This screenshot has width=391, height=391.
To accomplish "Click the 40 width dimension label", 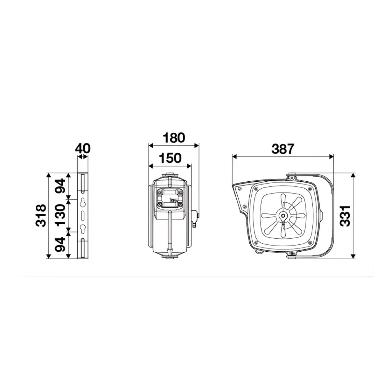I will click(x=82, y=148).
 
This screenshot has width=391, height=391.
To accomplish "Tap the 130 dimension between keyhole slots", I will click(x=61, y=216).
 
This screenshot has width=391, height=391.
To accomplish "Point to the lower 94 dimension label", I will click(x=61, y=245).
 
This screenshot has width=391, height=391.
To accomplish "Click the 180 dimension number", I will click(x=174, y=137).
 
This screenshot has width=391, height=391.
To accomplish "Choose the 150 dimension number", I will click(x=170, y=158).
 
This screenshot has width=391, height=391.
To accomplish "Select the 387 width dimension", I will click(x=283, y=149).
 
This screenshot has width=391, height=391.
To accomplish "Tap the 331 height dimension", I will click(x=345, y=216).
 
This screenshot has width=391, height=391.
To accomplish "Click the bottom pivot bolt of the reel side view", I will click(x=292, y=254).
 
